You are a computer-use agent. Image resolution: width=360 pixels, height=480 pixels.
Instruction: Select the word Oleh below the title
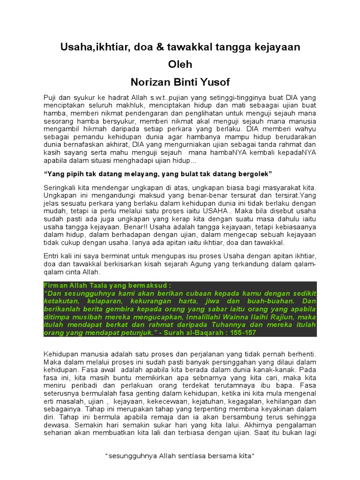180,64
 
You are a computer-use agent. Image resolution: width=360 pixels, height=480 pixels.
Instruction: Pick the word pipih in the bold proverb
71,174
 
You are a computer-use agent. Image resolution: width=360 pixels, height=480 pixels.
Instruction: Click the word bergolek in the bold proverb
254,174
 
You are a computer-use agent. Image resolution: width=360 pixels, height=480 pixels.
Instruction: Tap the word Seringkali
60,187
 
